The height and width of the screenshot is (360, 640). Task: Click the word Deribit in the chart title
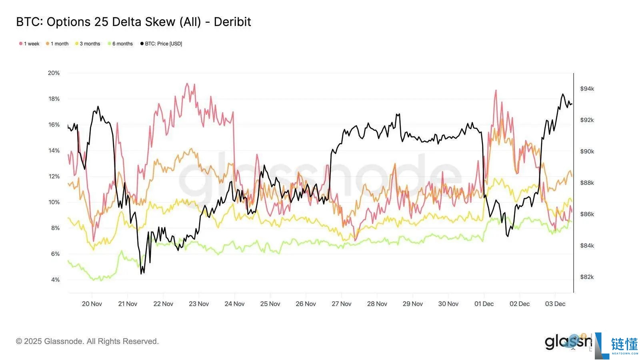pos(232,22)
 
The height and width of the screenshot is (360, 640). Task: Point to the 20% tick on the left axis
pos(54,73)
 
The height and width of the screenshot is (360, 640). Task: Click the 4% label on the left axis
pos(55,280)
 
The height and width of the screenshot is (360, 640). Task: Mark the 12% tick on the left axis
pos(54,176)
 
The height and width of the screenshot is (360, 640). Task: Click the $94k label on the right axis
pos(587,89)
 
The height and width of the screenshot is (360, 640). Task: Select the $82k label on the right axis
pos(587,277)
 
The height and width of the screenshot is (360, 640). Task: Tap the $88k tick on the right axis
pos(587,183)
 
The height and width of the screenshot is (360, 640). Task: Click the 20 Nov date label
pos(92,304)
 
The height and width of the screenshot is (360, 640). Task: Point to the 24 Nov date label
pos(234,304)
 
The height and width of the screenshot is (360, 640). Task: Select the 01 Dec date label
pos(484,304)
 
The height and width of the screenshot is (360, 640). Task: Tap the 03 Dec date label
pos(555,304)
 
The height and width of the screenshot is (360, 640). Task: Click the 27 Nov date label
pos(341,304)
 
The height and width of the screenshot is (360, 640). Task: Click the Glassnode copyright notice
pos(87,341)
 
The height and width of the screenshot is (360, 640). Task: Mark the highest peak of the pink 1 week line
pos(186,84)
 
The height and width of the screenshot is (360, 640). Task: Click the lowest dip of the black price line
pos(141,274)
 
